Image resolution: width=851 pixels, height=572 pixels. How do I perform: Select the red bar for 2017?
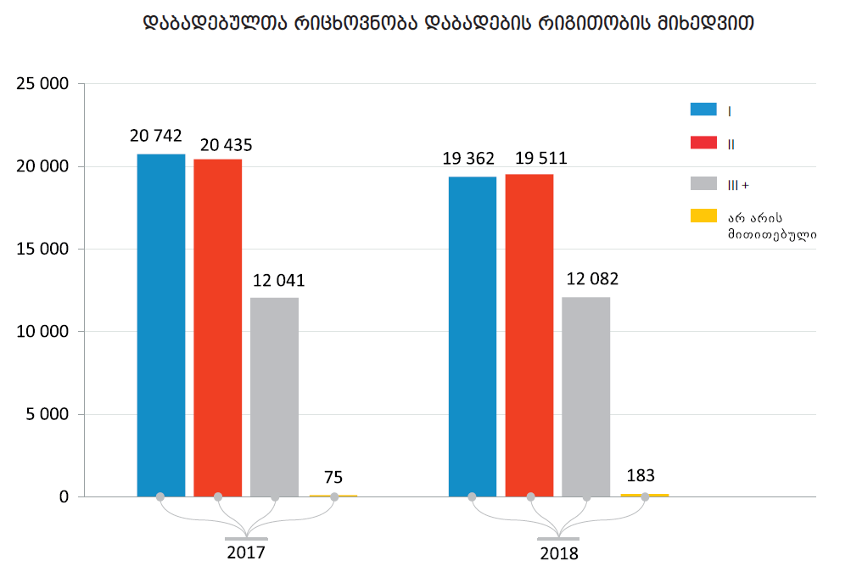218,328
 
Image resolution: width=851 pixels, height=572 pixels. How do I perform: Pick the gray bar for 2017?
275,396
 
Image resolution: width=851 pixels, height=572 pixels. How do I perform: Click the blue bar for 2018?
473,336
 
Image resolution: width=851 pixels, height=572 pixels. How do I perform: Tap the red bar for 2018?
529,335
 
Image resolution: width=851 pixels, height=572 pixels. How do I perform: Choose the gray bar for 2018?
586,396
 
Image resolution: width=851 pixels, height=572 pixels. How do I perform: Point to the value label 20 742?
156,136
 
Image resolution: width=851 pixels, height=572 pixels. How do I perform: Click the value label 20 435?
227,144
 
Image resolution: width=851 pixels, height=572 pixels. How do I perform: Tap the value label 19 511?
540,158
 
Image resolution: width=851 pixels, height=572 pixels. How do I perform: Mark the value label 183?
641,476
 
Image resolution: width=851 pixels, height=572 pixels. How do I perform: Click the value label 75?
333,477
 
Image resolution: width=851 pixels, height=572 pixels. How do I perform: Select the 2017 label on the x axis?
246,552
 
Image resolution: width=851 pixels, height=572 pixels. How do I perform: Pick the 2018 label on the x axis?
558,553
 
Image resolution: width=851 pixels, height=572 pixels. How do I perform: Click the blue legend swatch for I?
704,109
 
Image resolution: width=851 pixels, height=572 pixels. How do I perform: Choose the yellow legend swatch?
704,216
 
